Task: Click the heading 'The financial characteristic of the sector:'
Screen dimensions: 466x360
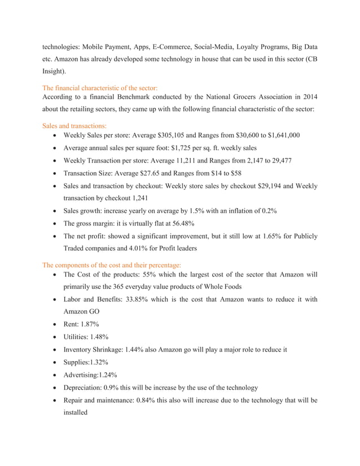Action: [x=100, y=88]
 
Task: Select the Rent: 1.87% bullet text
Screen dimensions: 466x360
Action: [x=81, y=324]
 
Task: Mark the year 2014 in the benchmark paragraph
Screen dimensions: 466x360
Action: [x=307, y=98]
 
